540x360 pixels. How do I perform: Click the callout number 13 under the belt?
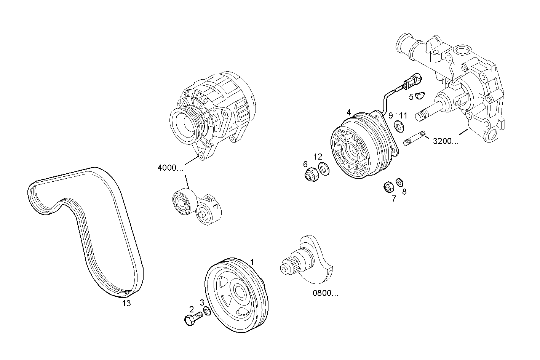pos(126,304)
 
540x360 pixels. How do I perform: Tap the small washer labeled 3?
pos(206,311)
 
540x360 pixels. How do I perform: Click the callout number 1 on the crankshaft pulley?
pos(251,262)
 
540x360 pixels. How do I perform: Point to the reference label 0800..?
pos(325,293)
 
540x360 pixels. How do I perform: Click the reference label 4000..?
pos(170,168)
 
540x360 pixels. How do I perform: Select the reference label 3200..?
pos(445,141)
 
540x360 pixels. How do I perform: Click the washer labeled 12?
pos(324,168)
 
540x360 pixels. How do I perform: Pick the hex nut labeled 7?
pos(388,187)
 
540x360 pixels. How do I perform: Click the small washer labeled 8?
pos(399,182)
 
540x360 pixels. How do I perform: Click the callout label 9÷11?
pos(398,115)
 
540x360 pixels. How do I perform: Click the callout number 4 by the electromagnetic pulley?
pos(348,112)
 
